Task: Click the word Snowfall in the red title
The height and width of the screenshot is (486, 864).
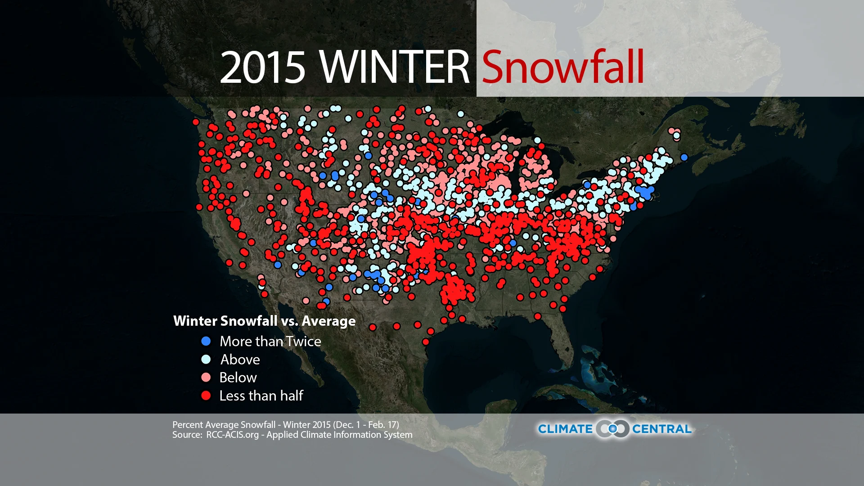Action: point(562,67)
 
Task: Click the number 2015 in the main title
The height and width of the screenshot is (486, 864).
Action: point(262,67)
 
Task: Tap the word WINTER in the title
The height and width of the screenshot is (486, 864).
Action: point(395,67)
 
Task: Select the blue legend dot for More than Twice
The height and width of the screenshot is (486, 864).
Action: point(206,341)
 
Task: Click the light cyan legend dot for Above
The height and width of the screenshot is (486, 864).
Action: point(206,359)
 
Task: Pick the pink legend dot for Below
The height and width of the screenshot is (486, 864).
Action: point(206,377)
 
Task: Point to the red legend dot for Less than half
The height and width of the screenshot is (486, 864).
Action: point(206,396)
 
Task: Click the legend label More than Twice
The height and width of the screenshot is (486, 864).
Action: point(270,341)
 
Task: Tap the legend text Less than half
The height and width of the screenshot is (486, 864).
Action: point(261,396)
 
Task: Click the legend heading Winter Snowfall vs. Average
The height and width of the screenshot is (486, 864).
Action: point(264,321)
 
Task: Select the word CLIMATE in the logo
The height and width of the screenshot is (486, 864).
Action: point(565,429)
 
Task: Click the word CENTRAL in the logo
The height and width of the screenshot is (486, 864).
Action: point(661,429)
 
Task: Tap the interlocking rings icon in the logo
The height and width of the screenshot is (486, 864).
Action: point(612,429)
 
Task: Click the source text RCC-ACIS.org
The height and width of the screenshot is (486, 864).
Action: point(232,435)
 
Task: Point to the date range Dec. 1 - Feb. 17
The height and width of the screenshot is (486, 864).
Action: point(365,424)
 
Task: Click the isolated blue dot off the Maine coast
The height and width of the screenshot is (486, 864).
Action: point(684,157)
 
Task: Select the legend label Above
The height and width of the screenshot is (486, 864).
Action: point(240,359)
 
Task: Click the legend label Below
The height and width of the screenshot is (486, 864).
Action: point(238,377)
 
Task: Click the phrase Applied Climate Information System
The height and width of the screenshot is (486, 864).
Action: point(339,435)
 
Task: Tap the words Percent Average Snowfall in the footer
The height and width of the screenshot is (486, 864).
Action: point(224,424)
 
